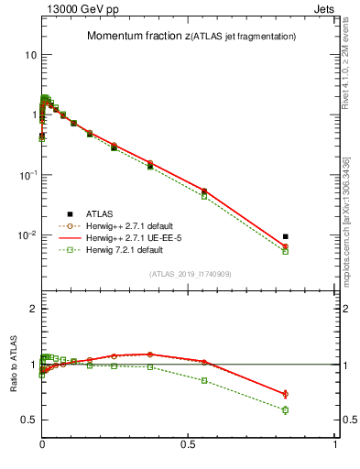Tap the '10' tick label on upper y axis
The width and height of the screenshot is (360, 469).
click(30, 55)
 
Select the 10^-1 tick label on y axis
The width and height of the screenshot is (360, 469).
click(28, 175)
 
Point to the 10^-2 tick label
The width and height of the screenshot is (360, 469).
click(28, 235)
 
